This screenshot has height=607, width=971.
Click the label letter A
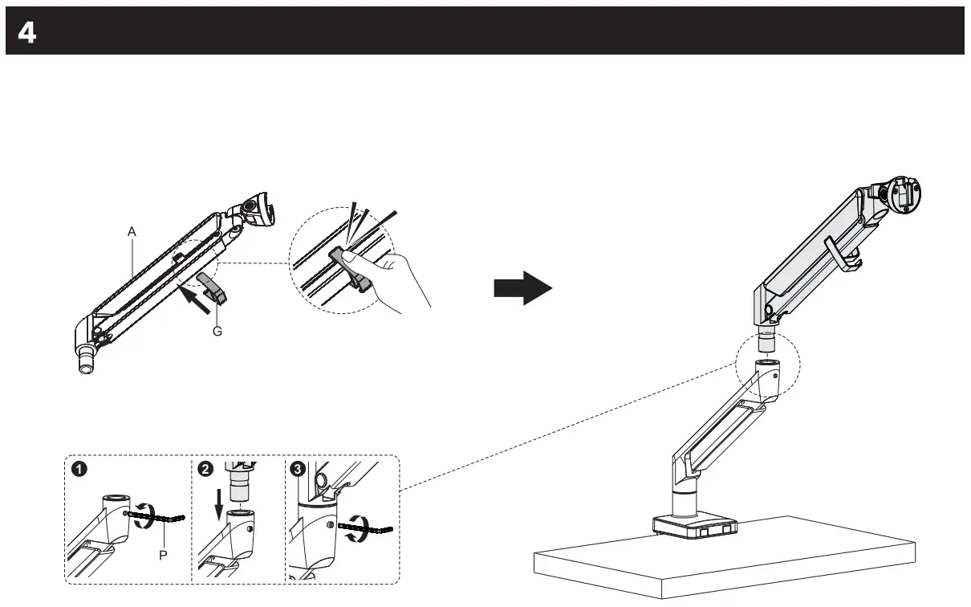pyautogui.click(x=132, y=231)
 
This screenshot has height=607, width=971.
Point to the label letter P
pyautogui.click(x=163, y=555)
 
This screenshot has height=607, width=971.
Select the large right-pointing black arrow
pyautogui.click(x=522, y=287)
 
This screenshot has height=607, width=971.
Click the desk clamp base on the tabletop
pyautogui.click(x=695, y=524)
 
